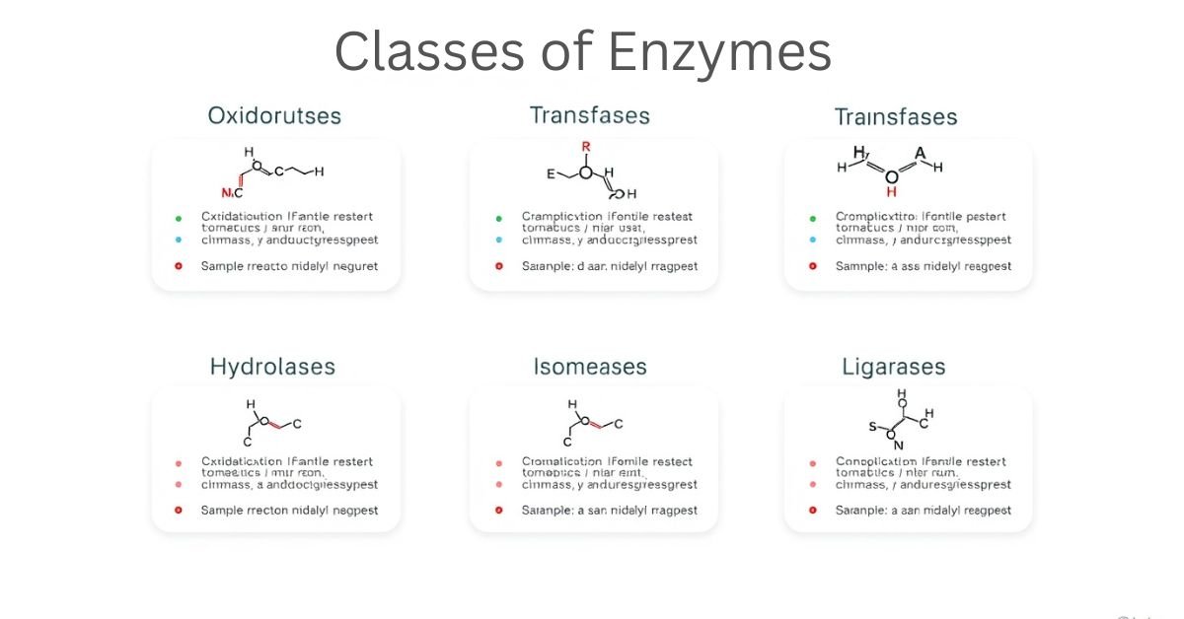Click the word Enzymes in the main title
[719, 51]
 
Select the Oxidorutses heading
[274, 116]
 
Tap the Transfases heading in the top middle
[590, 115]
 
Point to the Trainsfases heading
[896, 117]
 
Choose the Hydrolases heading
[272, 367]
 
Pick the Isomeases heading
[590, 367]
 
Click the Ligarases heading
[894, 367]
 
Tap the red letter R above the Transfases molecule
[586, 146]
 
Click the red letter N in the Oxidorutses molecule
[226, 192]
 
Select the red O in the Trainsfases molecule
[892, 177]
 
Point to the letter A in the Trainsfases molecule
[921, 153]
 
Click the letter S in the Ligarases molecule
[872, 427]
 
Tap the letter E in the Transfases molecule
[551, 173]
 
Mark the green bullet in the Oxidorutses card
[179, 218]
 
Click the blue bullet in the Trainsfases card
[813, 240]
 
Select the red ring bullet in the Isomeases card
[499, 511]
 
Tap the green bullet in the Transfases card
[499, 218]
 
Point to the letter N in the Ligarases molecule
[899, 445]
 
